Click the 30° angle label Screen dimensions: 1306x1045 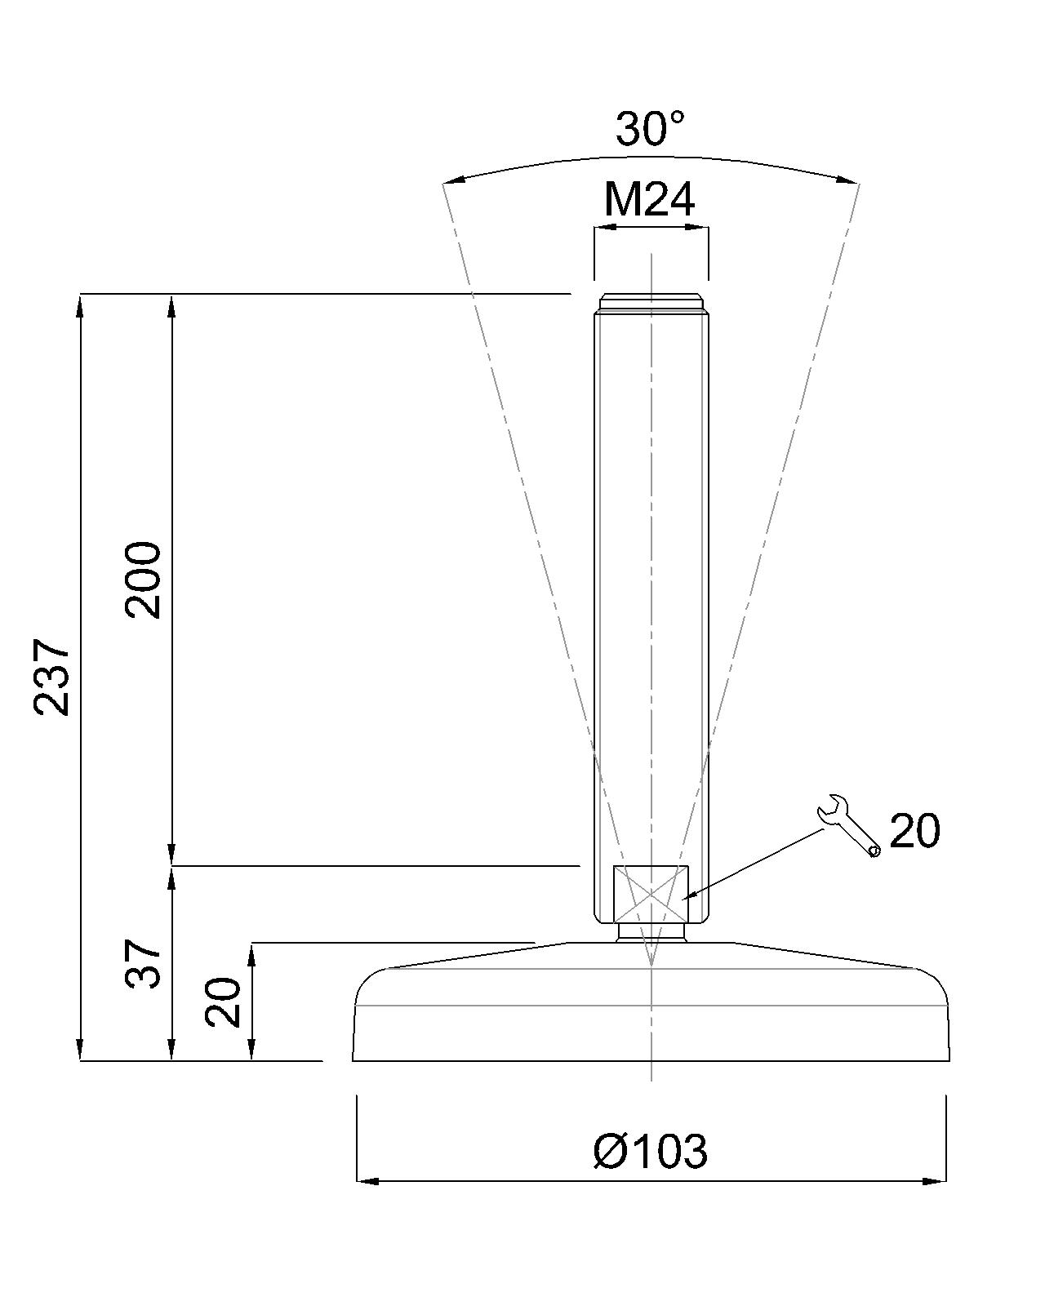[650, 129]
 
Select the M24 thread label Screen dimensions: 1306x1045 [650, 199]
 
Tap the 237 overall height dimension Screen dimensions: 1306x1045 [52, 677]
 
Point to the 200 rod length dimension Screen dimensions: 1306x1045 [145, 579]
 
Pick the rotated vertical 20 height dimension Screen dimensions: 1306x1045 [224, 1002]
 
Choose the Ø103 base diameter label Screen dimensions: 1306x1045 [650, 1151]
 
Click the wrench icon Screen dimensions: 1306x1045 [847, 824]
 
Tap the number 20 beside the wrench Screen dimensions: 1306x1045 [914, 831]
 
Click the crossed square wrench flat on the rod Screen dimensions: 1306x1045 [650, 895]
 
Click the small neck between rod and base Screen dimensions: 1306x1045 [651, 932]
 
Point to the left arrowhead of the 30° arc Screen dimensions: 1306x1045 [451, 182]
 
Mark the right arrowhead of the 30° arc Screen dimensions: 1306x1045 [851, 180]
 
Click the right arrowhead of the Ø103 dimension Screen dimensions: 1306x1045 [937, 1180]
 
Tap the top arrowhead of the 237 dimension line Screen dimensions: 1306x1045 [80, 304]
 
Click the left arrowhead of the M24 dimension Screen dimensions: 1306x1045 [603, 229]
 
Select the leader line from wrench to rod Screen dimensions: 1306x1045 [755, 863]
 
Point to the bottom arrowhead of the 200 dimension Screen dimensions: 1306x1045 [171, 855]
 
